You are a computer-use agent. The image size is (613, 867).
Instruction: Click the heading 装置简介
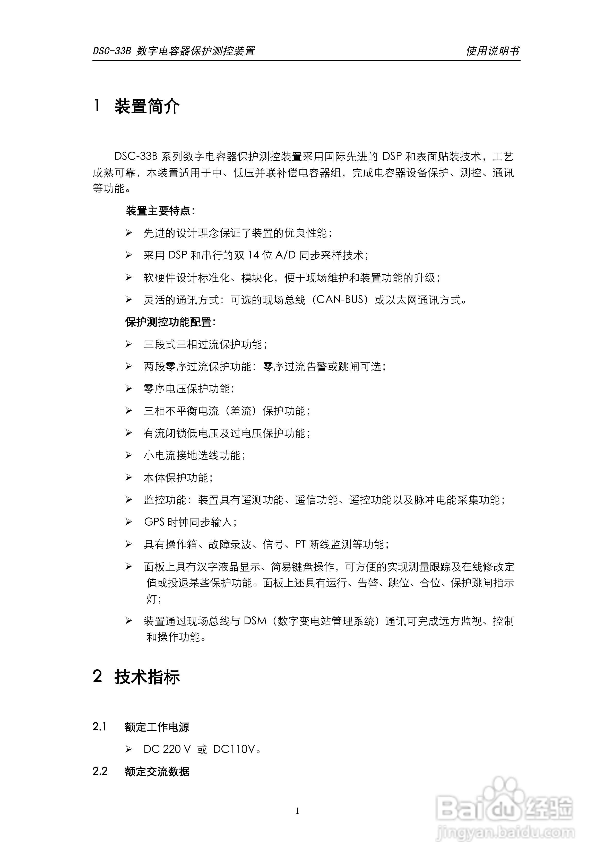coord(147,107)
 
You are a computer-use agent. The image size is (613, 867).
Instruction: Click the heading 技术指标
coord(147,677)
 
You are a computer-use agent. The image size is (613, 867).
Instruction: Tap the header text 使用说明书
coord(493,51)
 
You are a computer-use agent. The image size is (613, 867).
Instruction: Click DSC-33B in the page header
coord(112,51)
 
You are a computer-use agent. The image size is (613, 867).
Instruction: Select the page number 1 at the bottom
coord(298,811)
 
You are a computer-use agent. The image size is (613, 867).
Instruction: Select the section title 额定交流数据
coord(157,771)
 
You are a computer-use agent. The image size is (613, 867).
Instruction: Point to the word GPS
coord(154,522)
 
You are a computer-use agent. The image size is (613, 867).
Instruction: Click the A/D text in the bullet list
coord(285,255)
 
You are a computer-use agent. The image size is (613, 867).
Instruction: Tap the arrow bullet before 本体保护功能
coord(129,478)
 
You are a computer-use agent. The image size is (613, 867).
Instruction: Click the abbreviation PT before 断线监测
coord(300,544)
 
